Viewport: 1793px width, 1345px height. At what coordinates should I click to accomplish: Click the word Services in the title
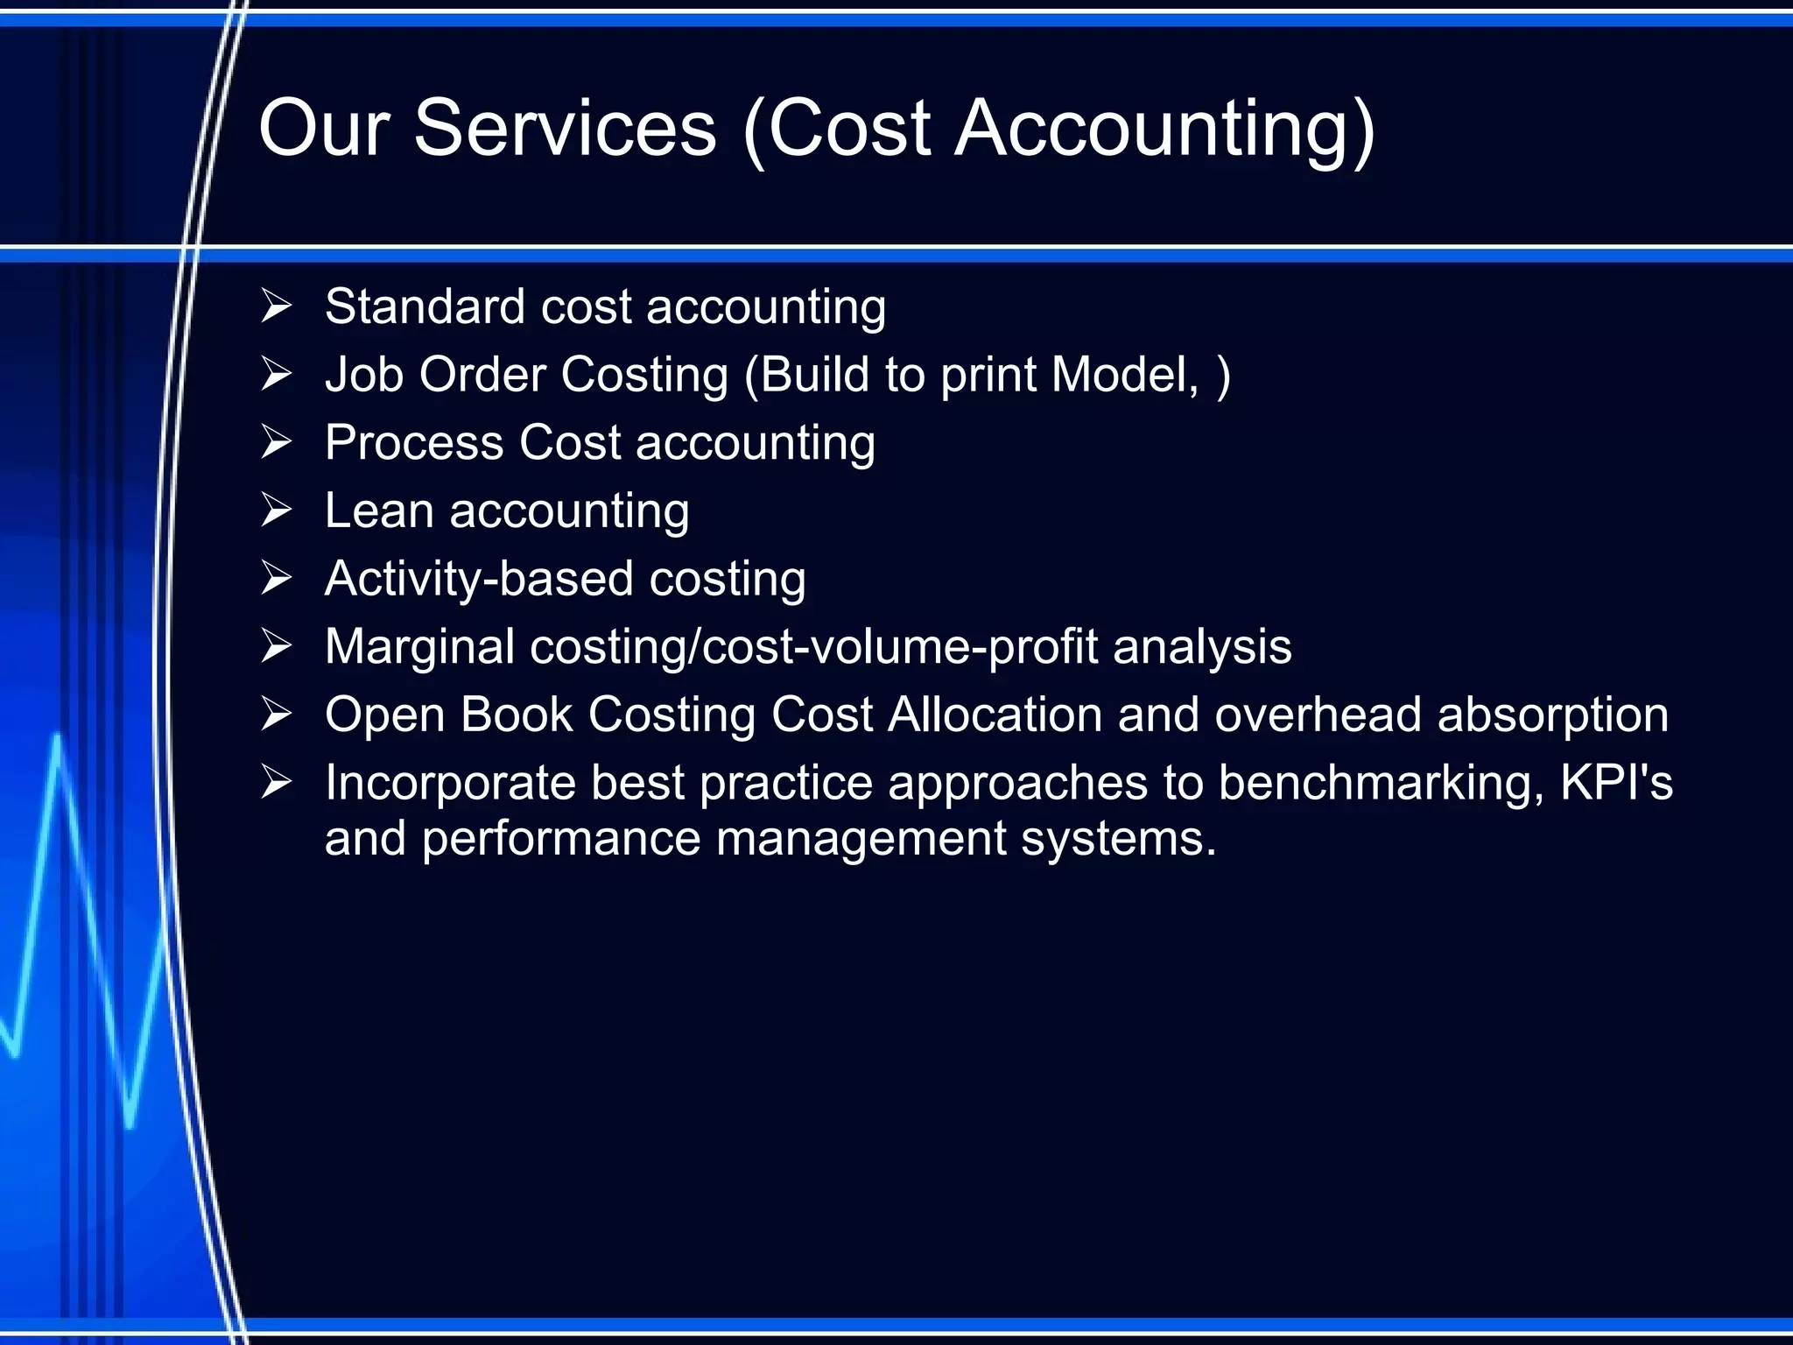click(565, 129)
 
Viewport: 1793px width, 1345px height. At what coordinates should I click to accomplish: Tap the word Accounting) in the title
click(1164, 129)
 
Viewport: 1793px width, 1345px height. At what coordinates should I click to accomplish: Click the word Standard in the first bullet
click(425, 306)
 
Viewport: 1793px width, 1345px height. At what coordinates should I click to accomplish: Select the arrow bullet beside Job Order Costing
click(276, 374)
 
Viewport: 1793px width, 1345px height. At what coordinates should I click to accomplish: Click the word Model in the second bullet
click(1123, 375)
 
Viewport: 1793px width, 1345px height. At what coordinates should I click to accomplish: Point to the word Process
click(414, 442)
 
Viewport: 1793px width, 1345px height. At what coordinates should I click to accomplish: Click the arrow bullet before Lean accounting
click(276, 510)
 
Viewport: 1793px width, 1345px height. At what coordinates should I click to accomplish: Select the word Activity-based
click(479, 579)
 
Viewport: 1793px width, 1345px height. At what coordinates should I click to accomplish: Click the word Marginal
click(419, 647)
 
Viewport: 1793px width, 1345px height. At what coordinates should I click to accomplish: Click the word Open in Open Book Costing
click(384, 715)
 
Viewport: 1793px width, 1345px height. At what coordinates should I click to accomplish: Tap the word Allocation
click(995, 715)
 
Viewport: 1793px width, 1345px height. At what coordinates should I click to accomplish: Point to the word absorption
click(1553, 715)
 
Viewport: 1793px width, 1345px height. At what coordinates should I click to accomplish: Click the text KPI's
click(1616, 783)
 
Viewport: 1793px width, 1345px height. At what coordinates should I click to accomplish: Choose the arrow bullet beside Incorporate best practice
click(276, 782)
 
